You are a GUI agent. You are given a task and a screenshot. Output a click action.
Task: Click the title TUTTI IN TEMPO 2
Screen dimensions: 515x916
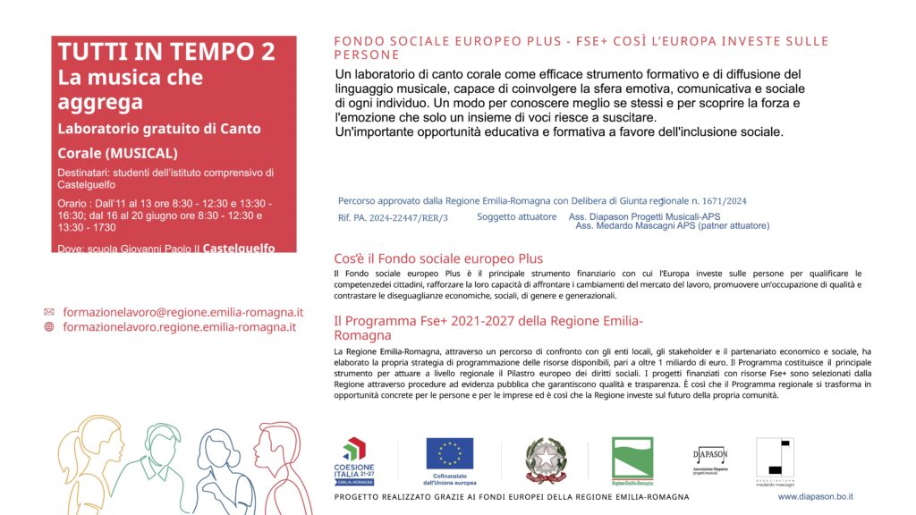pos(166,52)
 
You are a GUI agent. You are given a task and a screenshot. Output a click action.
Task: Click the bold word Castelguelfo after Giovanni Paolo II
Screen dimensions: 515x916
pos(239,248)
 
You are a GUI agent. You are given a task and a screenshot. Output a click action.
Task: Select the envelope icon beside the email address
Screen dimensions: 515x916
pos(49,312)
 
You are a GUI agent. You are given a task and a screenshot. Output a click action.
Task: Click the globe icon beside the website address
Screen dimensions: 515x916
pos(49,327)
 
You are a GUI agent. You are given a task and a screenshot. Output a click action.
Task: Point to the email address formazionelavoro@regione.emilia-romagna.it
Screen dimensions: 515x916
pos(182,312)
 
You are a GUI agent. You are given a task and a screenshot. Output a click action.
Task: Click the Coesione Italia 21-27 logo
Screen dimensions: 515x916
pos(355,460)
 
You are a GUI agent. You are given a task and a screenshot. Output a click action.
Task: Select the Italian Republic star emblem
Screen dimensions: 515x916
pos(546,460)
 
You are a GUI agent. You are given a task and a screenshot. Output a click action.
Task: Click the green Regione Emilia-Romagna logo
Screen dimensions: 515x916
pos(632,460)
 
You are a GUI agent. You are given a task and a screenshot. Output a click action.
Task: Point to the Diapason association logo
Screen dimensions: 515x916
pos(710,458)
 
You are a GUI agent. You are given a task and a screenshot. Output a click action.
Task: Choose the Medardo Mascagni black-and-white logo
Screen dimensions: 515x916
pos(774,460)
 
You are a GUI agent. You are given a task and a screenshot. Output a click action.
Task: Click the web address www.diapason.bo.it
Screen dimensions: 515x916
pos(815,496)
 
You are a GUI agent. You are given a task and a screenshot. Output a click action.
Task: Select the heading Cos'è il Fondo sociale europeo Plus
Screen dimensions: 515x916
pos(438,258)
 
